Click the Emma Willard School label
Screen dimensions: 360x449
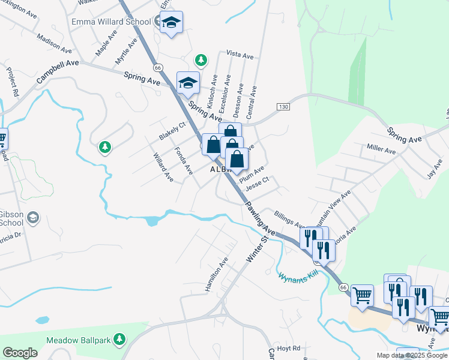pyautogui.click(x=111, y=22)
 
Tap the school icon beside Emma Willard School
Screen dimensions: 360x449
pyautogui.click(x=172, y=22)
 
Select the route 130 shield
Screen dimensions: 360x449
pyautogui.click(x=283, y=106)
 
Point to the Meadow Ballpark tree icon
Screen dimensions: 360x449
pyautogui.click(x=119, y=340)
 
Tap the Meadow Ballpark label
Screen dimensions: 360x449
pyautogui.click(x=79, y=340)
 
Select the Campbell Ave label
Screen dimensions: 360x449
pyautogui.click(x=58, y=71)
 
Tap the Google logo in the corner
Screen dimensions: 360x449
pyautogui.click(x=20, y=353)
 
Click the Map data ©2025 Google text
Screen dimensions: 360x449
pyautogui.click(x=412, y=355)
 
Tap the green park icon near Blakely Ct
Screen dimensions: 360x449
pyautogui.click(x=105, y=146)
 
